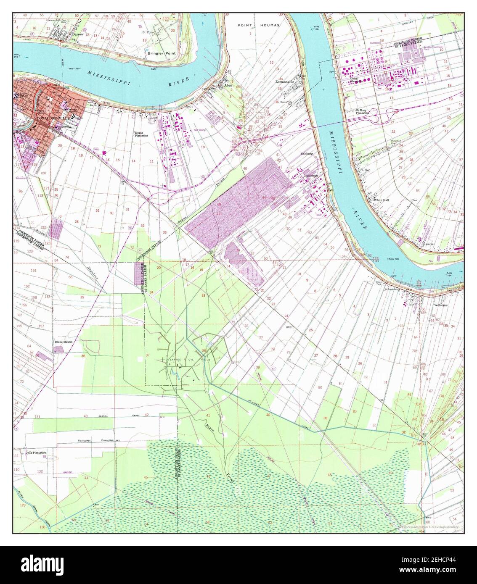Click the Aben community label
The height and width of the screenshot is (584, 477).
[228, 85]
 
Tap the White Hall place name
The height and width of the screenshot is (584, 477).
[381, 200]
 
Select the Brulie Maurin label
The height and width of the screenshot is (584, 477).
[64, 342]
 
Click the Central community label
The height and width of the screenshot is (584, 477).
[429, 244]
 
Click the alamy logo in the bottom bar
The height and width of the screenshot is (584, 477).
[40, 564]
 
